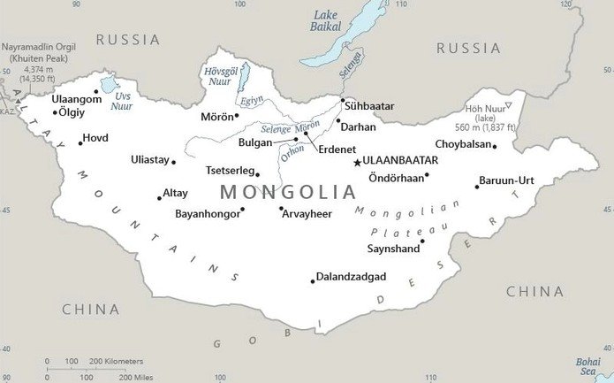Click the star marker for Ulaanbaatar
tap(357, 162)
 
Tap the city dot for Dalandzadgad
tap(312, 281)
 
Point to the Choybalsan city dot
tap(494, 147)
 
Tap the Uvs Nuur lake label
tap(122, 100)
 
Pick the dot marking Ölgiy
tap(55, 112)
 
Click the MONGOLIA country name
tap(288, 191)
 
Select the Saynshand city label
tap(394, 249)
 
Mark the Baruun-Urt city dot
tap(477, 186)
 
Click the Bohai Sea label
tap(587, 366)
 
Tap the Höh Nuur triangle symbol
tap(507, 105)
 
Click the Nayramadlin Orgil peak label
tap(38, 51)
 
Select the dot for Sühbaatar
tap(341, 101)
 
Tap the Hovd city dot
tap(80, 142)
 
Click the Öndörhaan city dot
tap(427, 174)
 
